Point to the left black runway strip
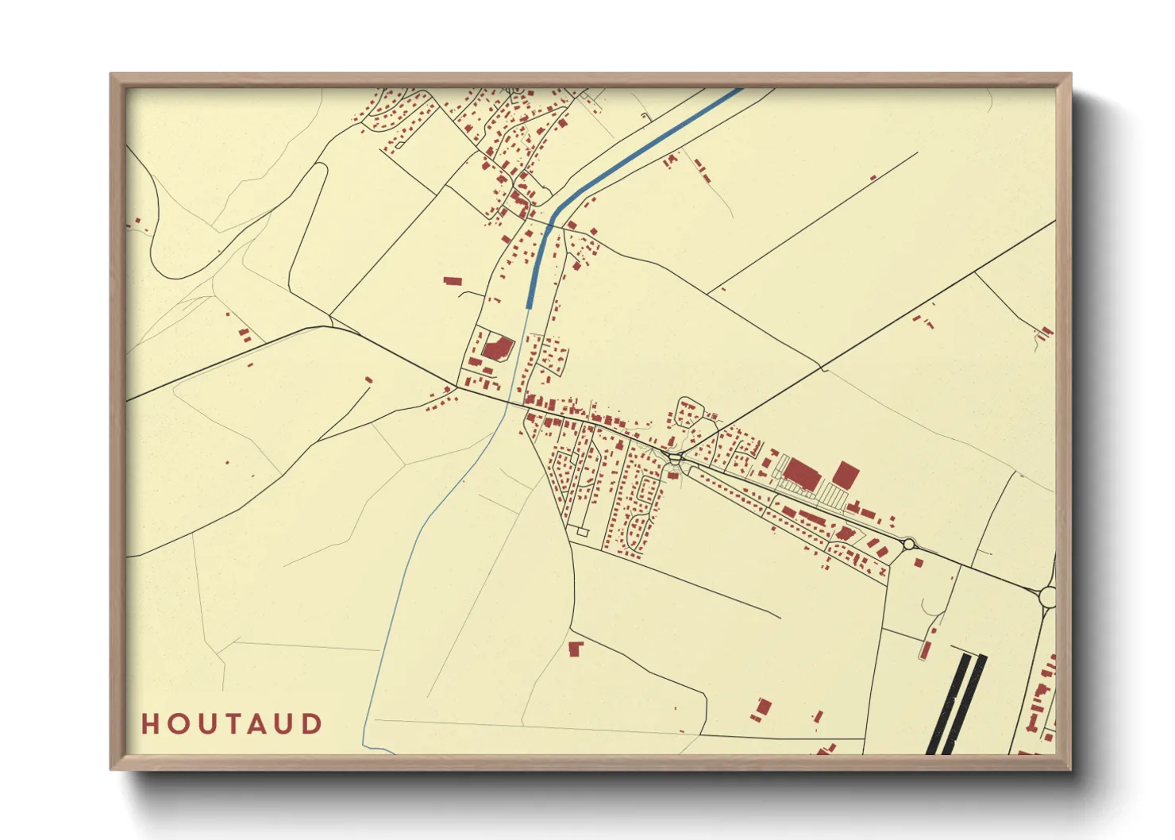click(949, 703)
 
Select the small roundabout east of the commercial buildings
click(908, 544)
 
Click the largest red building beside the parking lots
click(800, 473)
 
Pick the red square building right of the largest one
click(846, 475)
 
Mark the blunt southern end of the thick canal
click(530, 305)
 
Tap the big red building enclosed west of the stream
click(497, 348)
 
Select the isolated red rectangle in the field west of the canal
click(452, 280)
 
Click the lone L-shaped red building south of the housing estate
click(576, 649)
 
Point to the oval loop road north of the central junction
click(685, 414)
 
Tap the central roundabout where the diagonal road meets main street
click(676, 458)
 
